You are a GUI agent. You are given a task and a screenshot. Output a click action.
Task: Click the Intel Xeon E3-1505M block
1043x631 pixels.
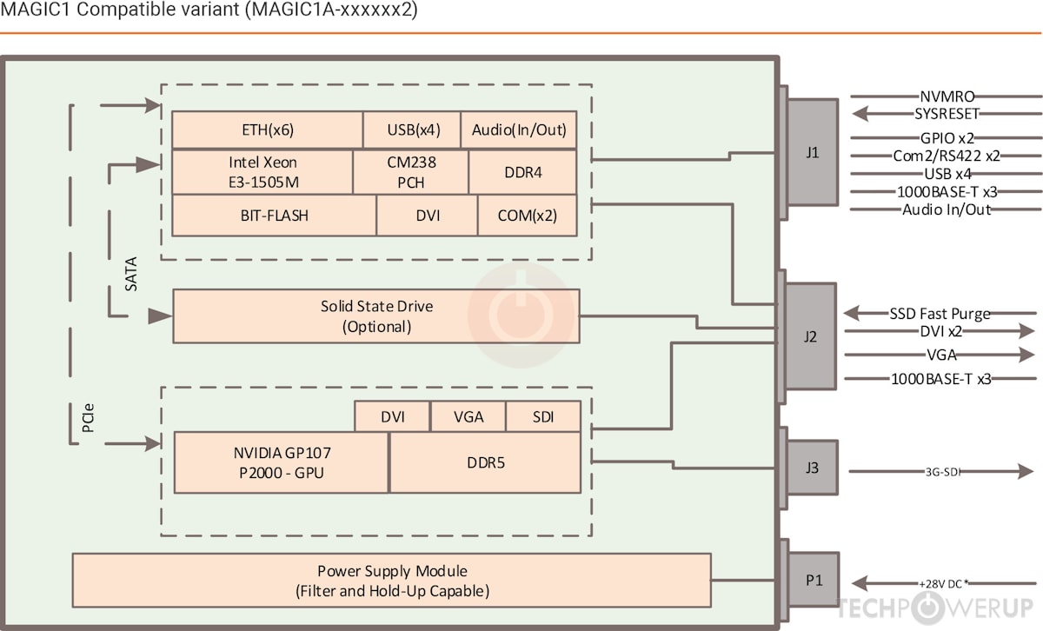pos(262,172)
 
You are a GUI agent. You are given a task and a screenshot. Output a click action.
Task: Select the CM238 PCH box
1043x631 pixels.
pos(410,172)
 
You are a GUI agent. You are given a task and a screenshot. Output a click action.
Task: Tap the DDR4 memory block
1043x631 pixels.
pos(522,172)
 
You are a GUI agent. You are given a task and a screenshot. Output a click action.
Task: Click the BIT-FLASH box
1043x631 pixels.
pos(274,215)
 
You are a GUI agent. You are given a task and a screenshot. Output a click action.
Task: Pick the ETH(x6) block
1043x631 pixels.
pos(267,130)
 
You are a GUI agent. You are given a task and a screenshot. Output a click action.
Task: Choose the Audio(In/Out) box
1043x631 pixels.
pos(519,130)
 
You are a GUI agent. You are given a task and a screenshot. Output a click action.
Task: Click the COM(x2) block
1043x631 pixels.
pos(527,215)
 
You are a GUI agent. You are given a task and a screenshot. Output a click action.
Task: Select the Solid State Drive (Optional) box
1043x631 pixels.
pos(376,316)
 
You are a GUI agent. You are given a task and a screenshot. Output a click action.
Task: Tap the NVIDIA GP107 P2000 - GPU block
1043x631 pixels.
pos(282,462)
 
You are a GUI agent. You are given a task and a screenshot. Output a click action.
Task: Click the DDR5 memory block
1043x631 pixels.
pos(484,462)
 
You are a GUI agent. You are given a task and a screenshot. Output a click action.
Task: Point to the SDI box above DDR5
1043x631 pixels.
pos(543,417)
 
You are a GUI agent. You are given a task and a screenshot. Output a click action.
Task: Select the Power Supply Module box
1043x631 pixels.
pos(392,581)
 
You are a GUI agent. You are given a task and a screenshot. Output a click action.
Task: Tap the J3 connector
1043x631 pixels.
pos(812,468)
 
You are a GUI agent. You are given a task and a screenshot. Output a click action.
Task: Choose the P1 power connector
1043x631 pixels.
pos(814,581)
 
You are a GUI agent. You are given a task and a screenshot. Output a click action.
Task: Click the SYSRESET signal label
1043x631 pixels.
pos(947,114)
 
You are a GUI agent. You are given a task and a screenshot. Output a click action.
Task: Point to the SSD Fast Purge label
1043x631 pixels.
pos(940,314)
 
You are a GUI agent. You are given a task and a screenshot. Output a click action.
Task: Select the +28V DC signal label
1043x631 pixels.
pos(943,583)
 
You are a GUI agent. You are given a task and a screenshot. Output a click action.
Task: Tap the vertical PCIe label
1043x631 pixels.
pos(89,422)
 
